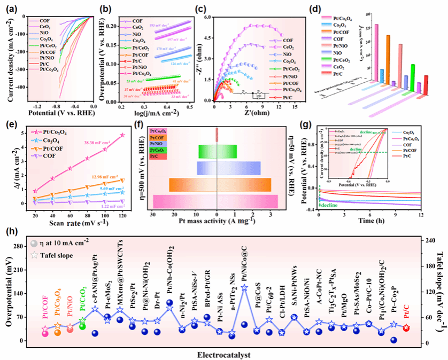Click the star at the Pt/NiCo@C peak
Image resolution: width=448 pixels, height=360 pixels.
pos(244,288)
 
